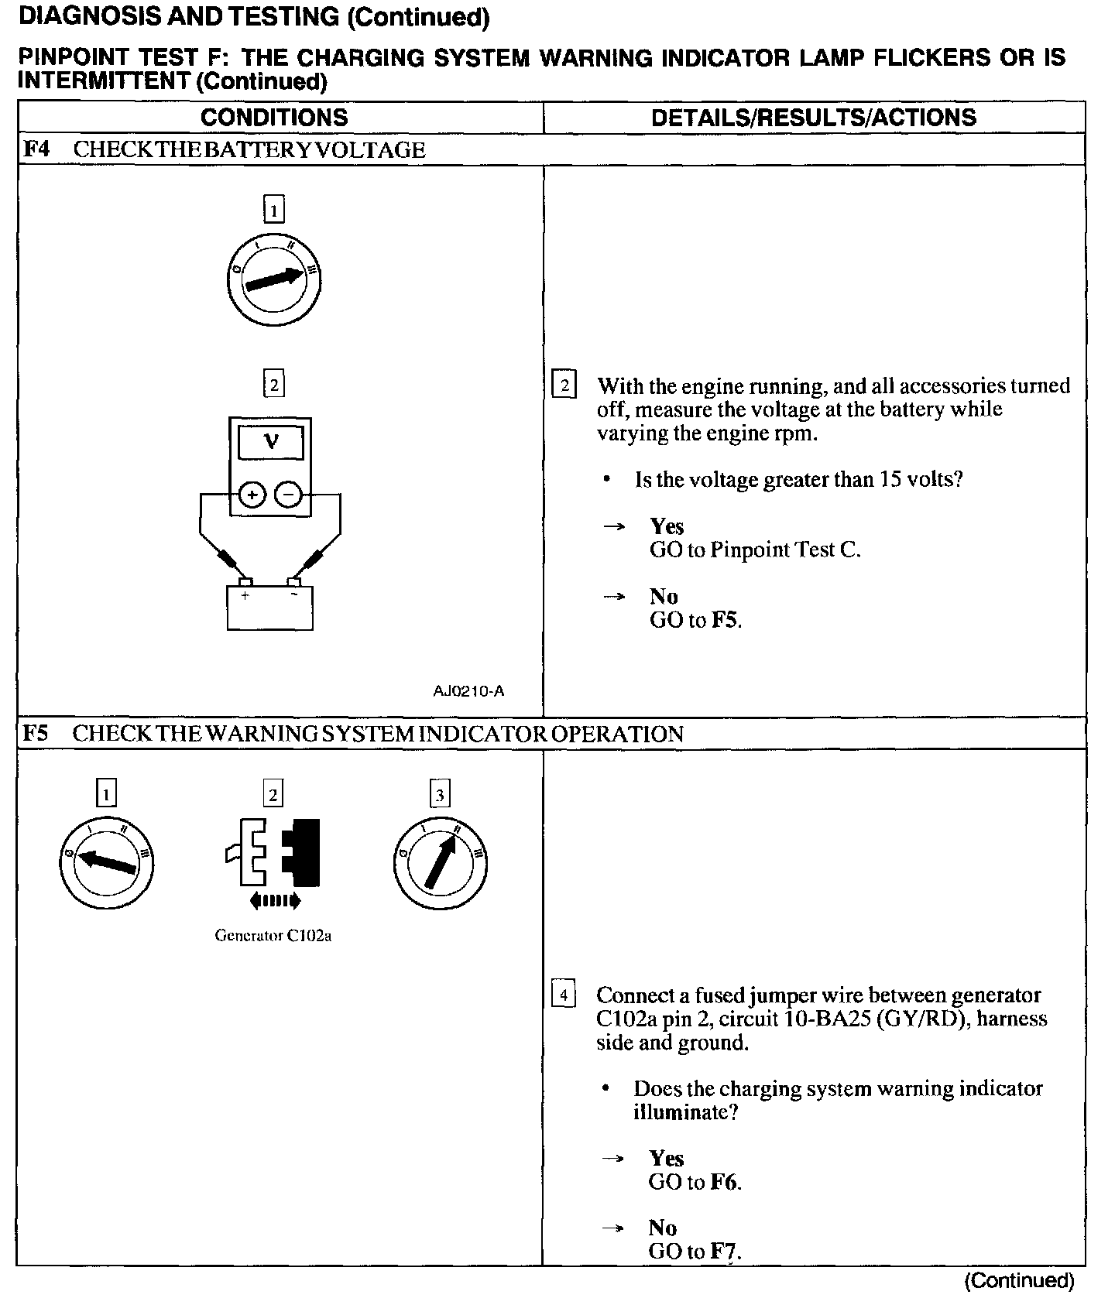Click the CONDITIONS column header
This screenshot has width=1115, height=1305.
[274, 118]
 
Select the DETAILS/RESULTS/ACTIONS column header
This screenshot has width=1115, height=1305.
[813, 118]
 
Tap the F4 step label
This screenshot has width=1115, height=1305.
[36, 149]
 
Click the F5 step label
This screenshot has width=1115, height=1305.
[36, 733]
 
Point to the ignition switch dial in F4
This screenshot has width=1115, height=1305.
[273, 280]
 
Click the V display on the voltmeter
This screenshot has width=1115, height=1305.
[270, 443]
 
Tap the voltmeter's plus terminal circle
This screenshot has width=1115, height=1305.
[252, 494]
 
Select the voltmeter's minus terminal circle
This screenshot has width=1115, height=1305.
[288, 494]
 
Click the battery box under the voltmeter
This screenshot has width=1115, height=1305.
[270, 608]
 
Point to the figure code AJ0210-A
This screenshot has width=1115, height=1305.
[468, 691]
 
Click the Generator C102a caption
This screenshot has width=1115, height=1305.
[273, 935]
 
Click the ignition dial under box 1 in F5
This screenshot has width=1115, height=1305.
[106, 861]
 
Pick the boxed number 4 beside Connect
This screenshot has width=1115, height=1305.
[564, 994]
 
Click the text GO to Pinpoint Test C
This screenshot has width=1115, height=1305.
[755, 550]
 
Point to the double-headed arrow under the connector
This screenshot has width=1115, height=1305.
[275, 900]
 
